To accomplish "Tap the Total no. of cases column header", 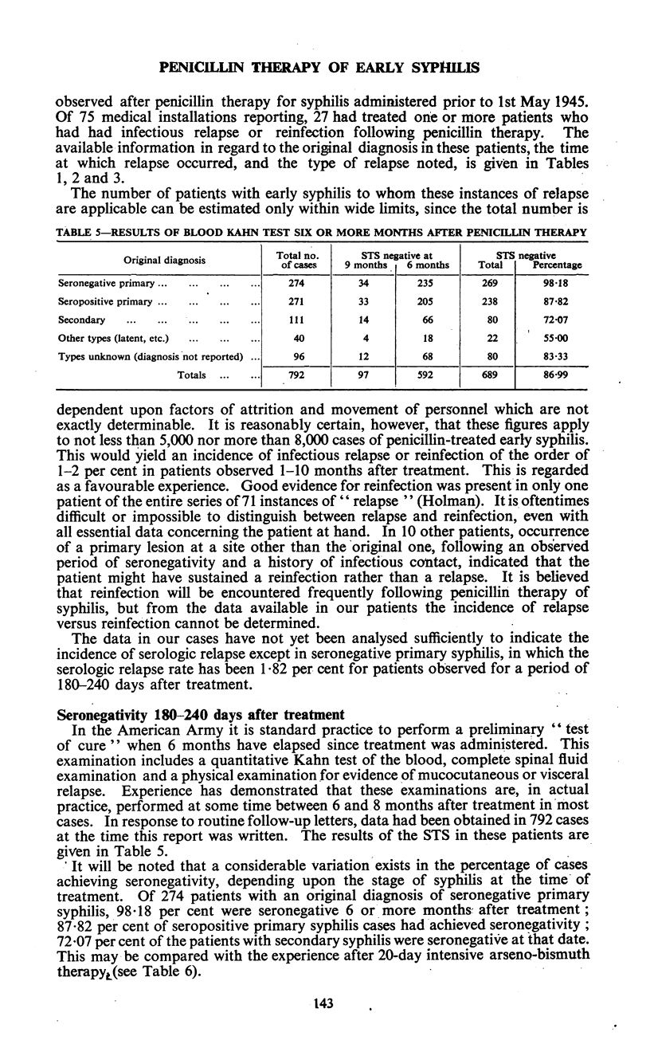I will [286, 260].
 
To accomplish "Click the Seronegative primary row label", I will [107, 282].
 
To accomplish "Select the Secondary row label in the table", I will [82, 320].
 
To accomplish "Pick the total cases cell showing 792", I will [285, 375].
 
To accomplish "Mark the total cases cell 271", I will [285, 301].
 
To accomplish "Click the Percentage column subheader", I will [557, 265].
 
